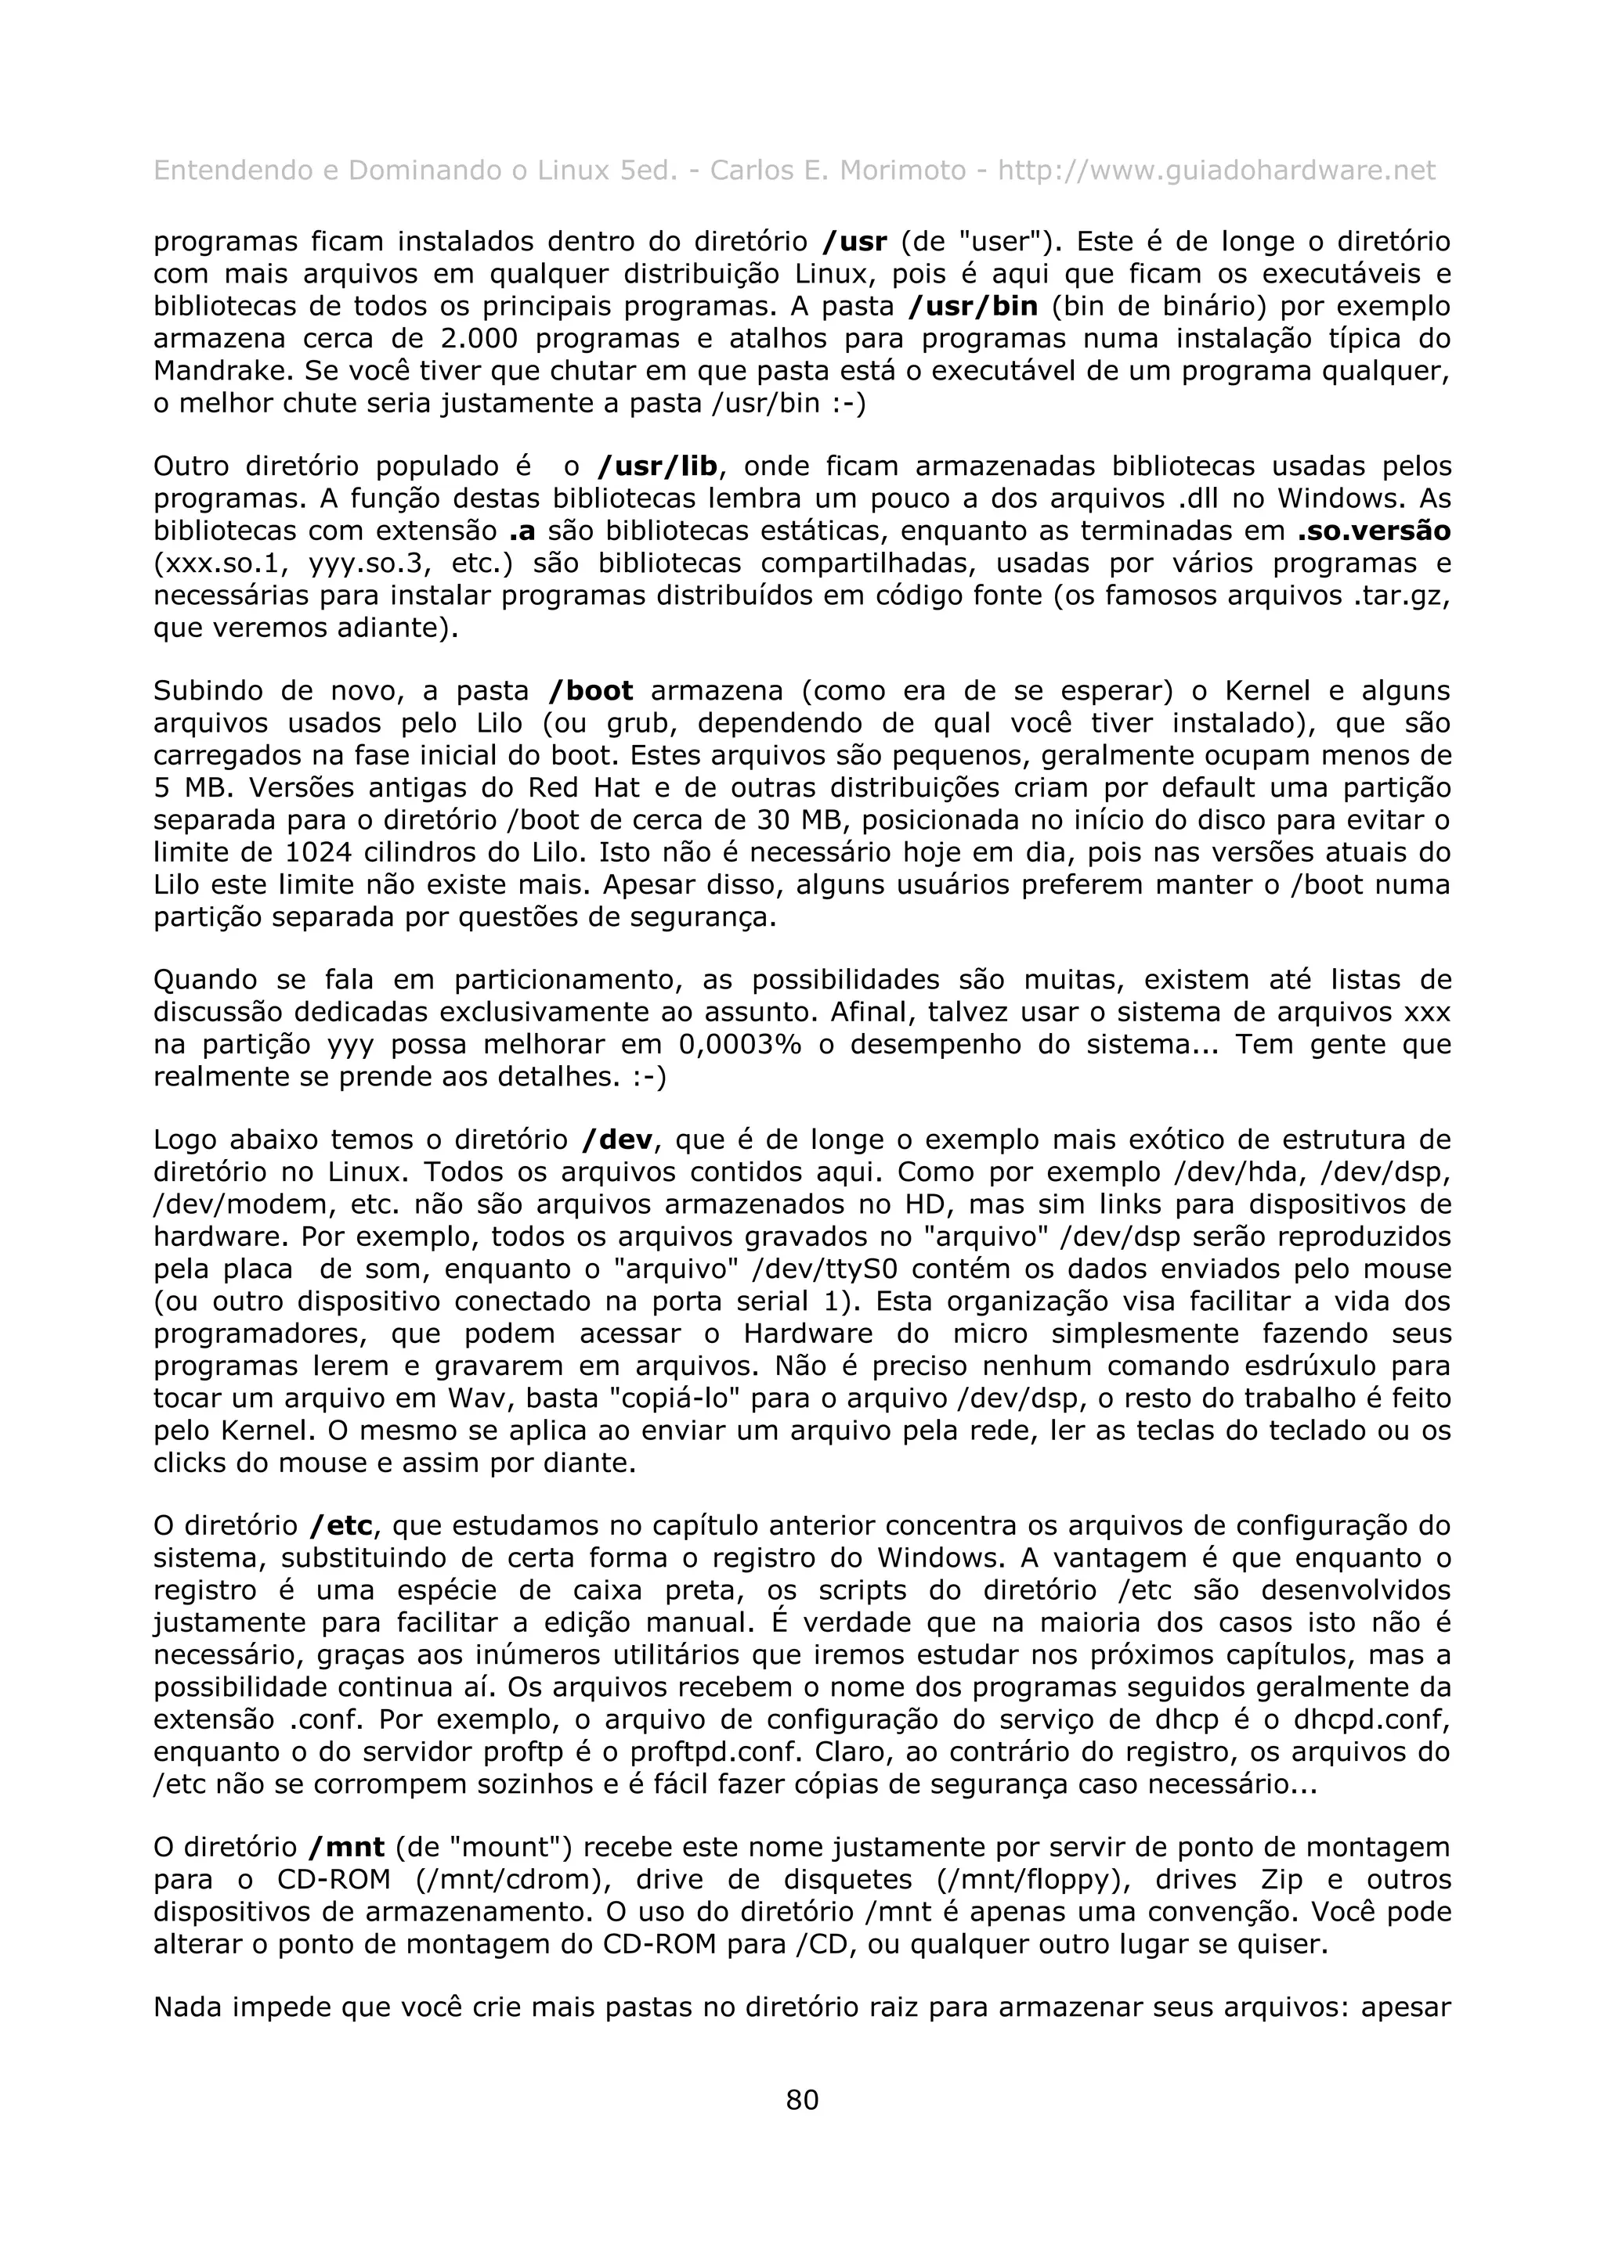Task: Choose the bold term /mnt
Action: click(x=347, y=1847)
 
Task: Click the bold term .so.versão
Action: click(x=1374, y=531)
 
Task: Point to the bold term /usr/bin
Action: click(x=973, y=306)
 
